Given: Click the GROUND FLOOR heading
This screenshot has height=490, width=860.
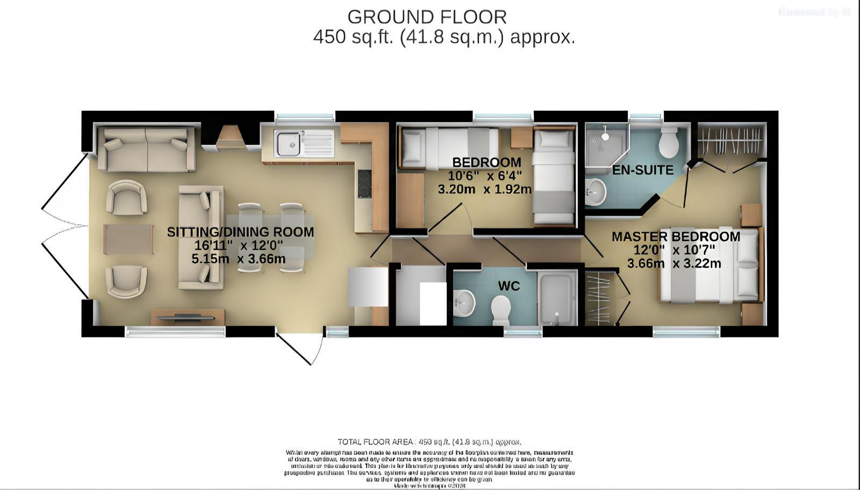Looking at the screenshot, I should (x=427, y=17).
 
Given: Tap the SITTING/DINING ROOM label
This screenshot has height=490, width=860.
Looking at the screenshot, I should (x=240, y=232).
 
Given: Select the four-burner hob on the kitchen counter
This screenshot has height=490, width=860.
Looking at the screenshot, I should (x=364, y=184).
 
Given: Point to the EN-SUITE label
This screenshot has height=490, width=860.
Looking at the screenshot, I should (x=643, y=170).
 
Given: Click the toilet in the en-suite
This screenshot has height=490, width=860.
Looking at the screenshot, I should (x=670, y=141).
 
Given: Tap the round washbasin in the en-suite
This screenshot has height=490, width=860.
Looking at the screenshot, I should (x=595, y=192).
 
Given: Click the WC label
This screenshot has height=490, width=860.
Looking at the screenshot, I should (x=508, y=286).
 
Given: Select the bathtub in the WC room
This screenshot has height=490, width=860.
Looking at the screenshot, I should (x=557, y=298).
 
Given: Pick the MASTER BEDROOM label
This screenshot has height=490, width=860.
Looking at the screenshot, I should (x=676, y=236).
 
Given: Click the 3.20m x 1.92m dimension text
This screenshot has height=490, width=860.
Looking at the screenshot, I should (x=484, y=189).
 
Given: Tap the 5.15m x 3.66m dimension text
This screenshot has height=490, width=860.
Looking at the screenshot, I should (x=238, y=259).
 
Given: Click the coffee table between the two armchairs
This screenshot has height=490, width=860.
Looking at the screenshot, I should (x=128, y=239).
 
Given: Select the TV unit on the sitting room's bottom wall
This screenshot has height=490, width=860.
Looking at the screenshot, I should (x=188, y=317).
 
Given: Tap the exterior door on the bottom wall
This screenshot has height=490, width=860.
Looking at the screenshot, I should (x=300, y=347).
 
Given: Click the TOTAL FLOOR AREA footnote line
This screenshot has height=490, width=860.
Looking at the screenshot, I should (x=429, y=442).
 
